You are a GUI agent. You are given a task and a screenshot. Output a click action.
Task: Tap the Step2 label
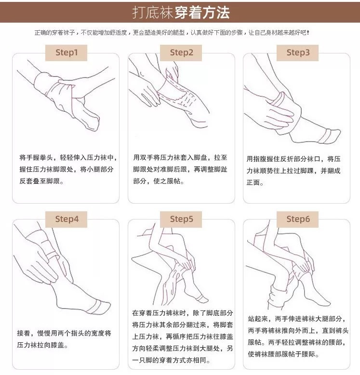pyautogui.click(x=181, y=52)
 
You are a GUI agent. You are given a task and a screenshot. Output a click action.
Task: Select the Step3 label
pyautogui.click(x=298, y=52)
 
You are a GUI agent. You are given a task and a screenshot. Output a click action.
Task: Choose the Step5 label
pyautogui.click(x=181, y=219)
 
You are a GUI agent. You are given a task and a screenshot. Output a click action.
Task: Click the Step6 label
pyautogui.click(x=298, y=219)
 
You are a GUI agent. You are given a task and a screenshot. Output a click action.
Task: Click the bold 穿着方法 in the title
pyautogui.click(x=201, y=12)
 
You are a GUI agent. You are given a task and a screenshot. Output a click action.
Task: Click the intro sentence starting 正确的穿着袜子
pyautogui.click(x=171, y=32)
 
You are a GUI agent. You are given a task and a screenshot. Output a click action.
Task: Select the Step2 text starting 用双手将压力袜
pyautogui.click(x=182, y=169)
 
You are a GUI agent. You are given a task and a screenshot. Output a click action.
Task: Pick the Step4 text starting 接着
pyautogui.click(x=65, y=339)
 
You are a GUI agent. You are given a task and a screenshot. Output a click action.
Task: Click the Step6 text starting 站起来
pyautogui.click(x=297, y=337)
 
